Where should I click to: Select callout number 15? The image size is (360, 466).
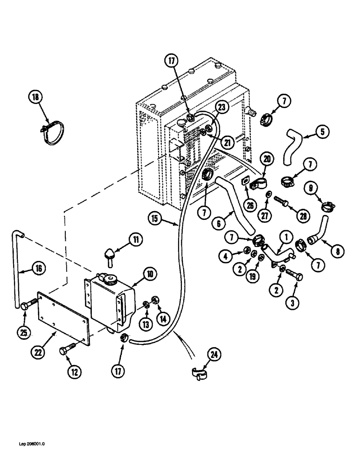tap(157, 217)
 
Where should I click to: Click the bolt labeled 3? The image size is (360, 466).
tap(294, 277)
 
